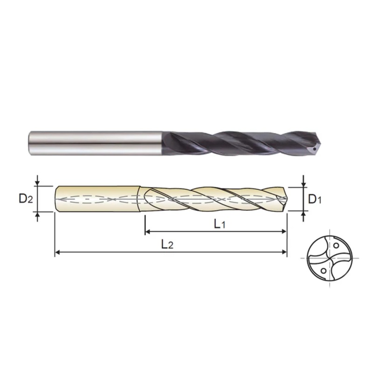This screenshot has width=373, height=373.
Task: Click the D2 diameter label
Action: tap(26, 199)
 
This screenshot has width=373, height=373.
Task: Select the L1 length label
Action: tap(220, 224)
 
